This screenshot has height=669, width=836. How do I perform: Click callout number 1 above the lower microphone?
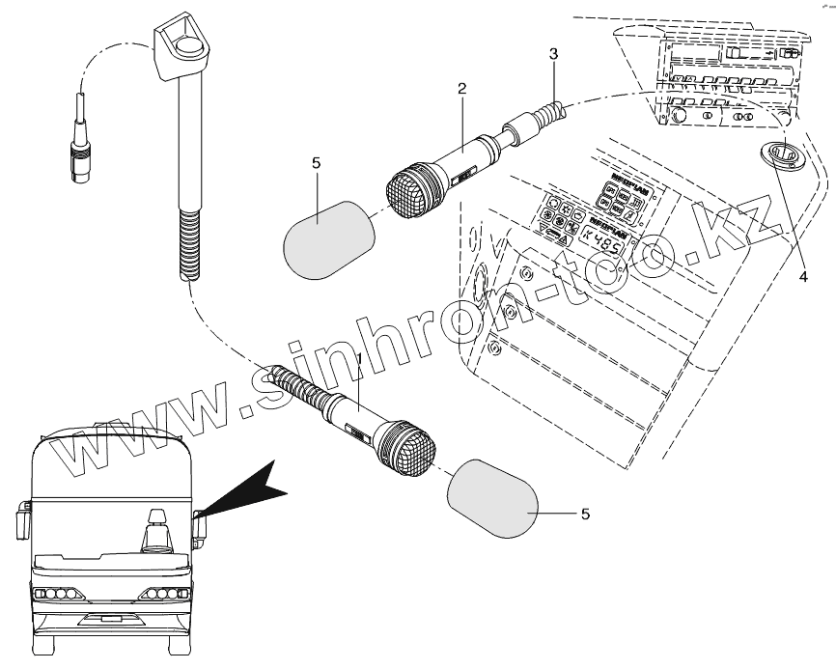click(x=359, y=359)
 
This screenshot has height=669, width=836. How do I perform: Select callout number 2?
click(x=462, y=89)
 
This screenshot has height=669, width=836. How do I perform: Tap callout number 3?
click(x=552, y=54)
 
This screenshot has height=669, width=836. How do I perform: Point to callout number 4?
click(x=802, y=276)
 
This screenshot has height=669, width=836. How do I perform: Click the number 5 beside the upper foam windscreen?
click(x=316, y=164)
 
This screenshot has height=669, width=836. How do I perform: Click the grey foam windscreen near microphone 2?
click(x=324, y=239)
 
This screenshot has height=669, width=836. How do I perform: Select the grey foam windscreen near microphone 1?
click(x=492, y=498)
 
